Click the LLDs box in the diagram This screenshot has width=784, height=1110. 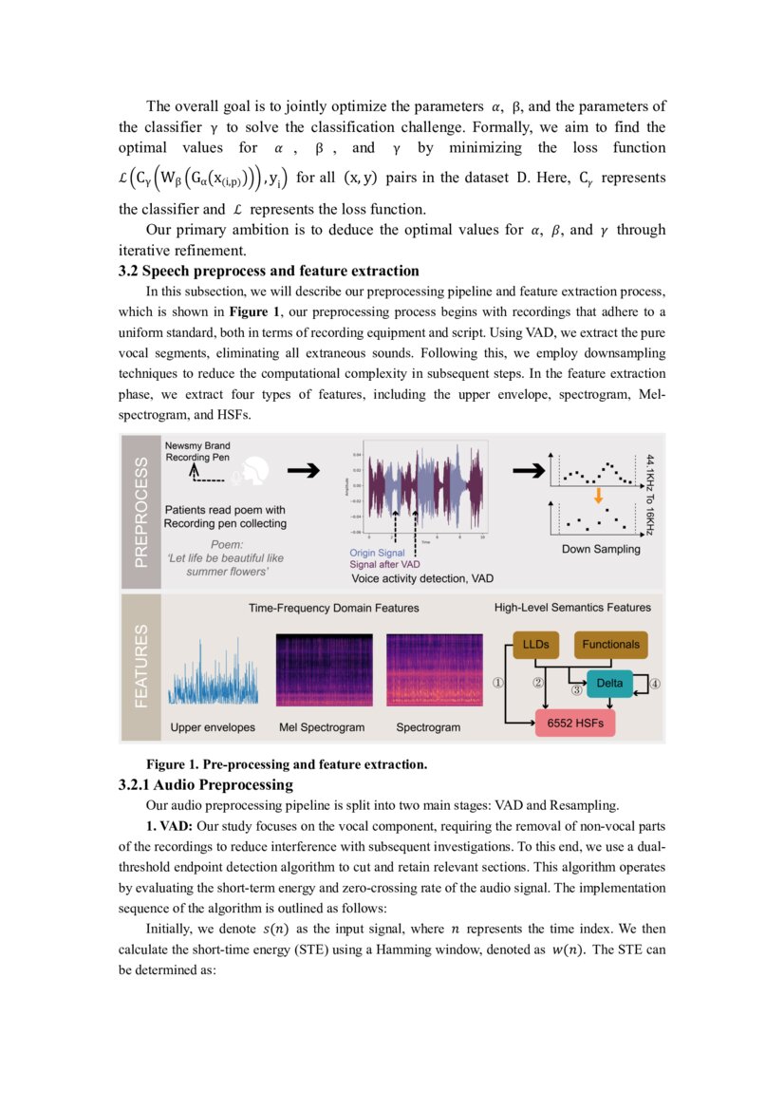pos(535,645)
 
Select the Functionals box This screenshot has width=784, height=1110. pos(610,645)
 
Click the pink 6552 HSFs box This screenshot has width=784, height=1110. pos(574,723)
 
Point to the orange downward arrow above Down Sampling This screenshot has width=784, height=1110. pos(598,496)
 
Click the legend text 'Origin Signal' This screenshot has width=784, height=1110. pos(377,553)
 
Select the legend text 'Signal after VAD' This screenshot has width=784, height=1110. pos(385,564)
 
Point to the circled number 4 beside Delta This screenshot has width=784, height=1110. pos(655,683)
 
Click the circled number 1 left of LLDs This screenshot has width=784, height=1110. pos(497,683)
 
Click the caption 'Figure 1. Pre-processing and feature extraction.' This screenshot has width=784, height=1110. pos(286,764)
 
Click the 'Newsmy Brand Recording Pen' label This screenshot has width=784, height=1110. pos(197,451)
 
